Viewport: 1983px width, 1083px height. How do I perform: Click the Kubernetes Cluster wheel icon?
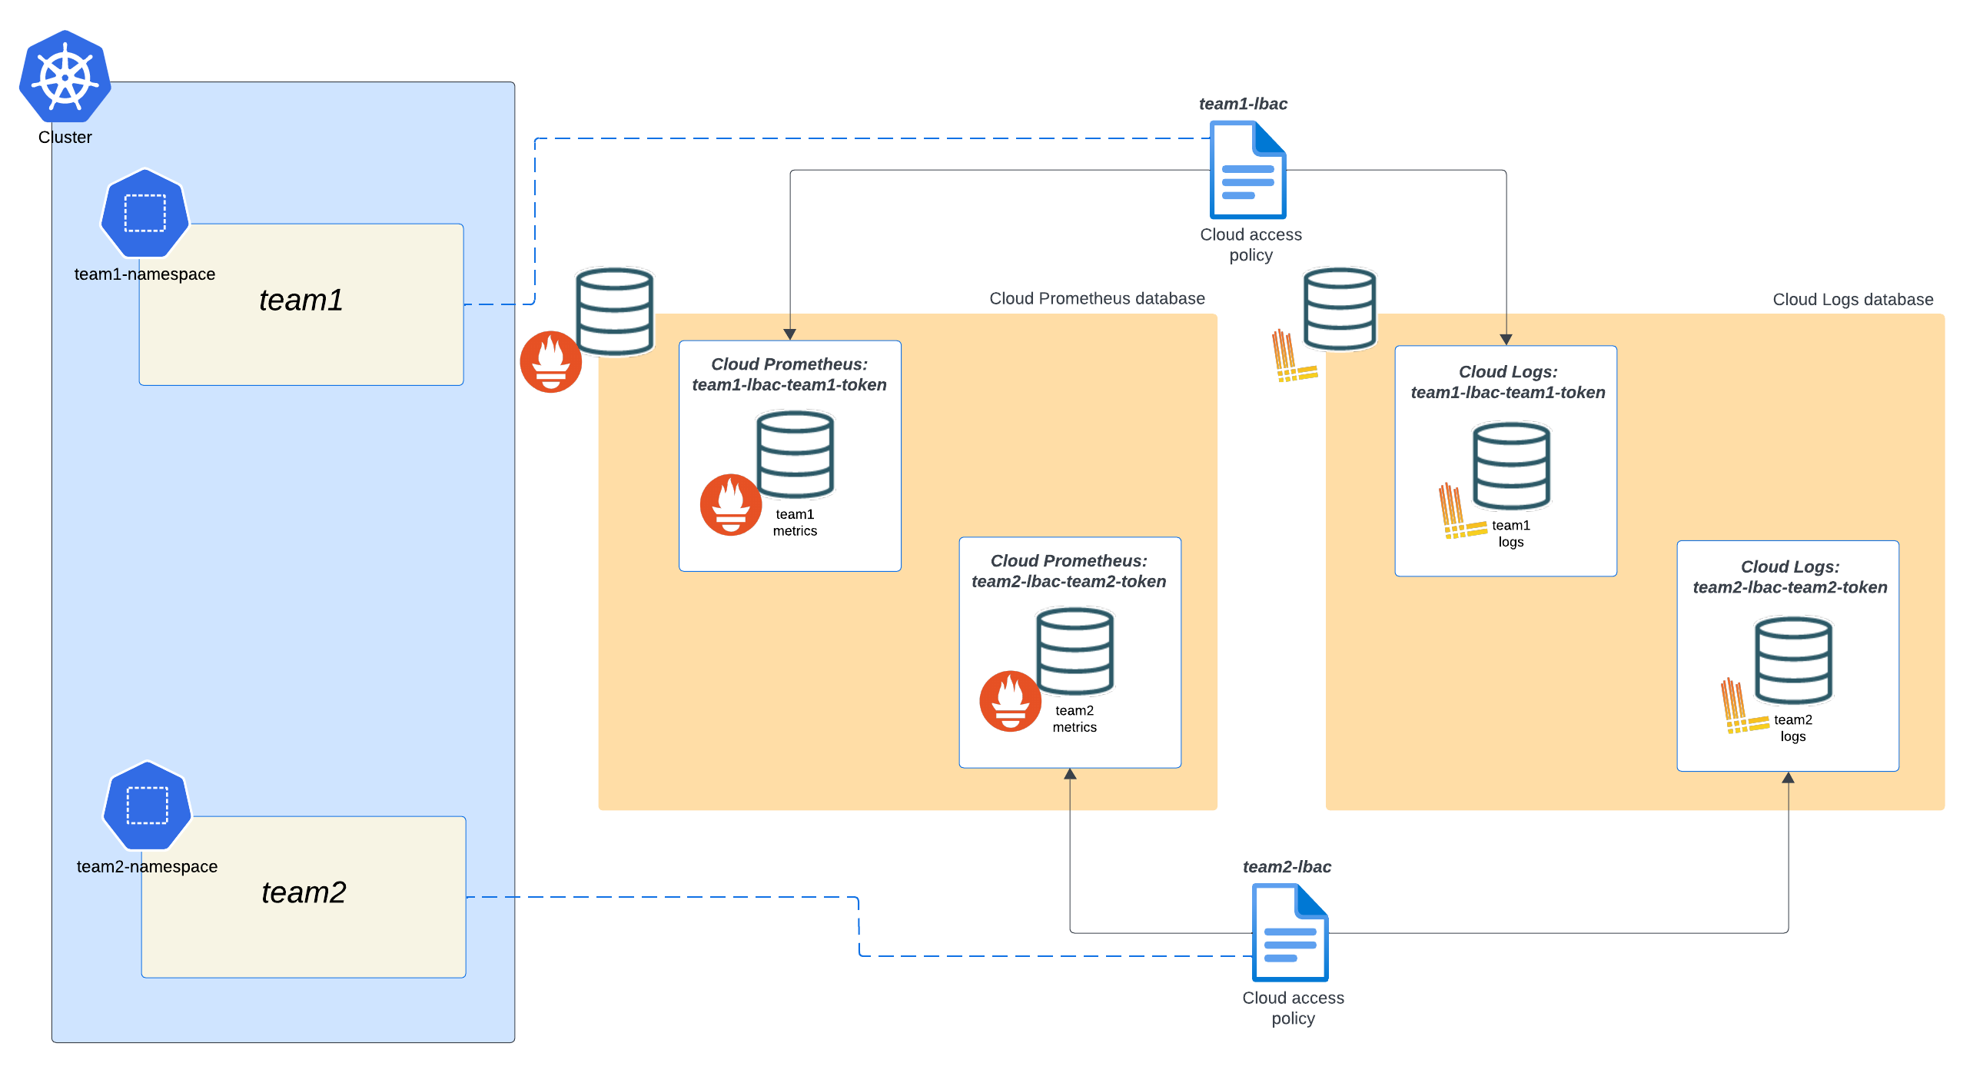pos(65,77)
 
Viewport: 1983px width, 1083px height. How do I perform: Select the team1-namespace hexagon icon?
pos(144,213)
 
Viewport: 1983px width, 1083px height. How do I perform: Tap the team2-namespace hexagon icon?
pos(147,806)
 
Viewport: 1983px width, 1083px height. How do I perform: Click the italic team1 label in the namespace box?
pos(301,301)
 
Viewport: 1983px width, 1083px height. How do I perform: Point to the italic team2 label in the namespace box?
pos(304,893)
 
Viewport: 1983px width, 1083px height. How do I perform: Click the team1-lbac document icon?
pos(1248,171)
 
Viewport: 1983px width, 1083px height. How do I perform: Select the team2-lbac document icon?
pos(1290,933)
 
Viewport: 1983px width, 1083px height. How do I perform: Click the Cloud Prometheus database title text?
pos(1097,299)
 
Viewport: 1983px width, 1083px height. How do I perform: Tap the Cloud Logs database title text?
pos(1853,301)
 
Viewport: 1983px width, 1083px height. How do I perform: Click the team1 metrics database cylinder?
pos(796,454)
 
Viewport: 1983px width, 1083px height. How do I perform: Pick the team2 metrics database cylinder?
pos(1075,651)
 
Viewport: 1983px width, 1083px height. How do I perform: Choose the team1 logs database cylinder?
pos(1511,466)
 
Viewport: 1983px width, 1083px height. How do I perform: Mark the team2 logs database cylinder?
pos(1793,660)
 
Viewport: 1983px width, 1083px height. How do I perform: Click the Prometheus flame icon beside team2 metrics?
pos(1010,701)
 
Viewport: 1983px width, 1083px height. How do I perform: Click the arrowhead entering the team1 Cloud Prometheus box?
pos(790,335)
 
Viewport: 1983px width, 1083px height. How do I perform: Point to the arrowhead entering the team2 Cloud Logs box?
pos(1789,779)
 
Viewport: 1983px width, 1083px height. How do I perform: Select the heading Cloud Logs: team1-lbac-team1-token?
pos(1508,383)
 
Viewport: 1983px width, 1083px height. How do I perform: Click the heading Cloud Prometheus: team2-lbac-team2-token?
pos(1068,571)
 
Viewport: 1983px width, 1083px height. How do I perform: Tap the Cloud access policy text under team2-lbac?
pos(1294,1008)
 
